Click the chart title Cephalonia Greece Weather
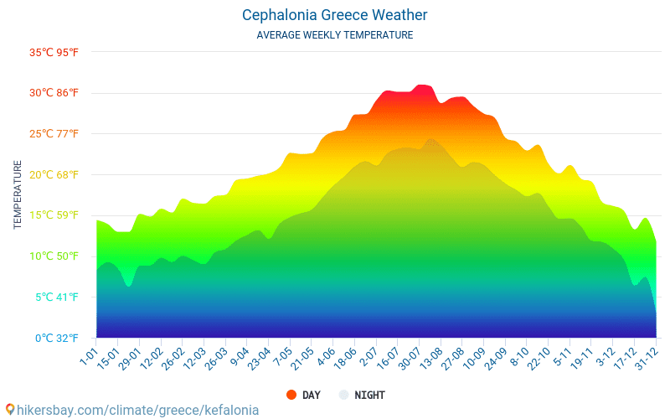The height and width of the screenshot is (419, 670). click(x=334, y=15)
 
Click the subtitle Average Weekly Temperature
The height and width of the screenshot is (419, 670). click(x=334, y=35)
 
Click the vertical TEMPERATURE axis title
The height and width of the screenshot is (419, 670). click(x=18, y=195)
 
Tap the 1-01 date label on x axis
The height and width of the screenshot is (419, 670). click(x=88, y=353)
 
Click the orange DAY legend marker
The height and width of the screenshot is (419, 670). click(x=291, y=395)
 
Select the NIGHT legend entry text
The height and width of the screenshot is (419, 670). click(x=369, y=395)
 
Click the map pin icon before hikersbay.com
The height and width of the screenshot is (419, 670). click(x=9, y=410)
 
